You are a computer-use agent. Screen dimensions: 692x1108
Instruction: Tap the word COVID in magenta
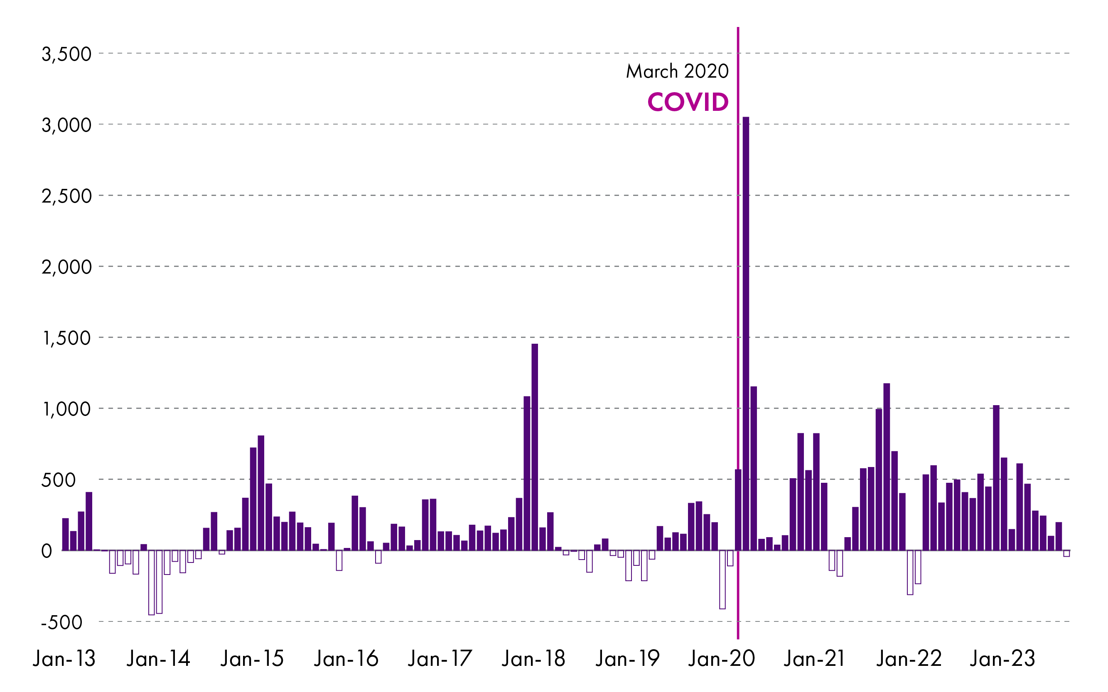(x=688, y=102)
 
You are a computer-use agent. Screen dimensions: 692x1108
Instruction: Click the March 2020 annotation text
(x=677, y=71)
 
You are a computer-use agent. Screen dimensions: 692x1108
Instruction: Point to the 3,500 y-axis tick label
(x=66, y=54)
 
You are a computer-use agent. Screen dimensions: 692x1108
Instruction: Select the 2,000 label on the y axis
(x=66, y=267)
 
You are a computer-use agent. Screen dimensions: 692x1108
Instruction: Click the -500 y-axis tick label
(x=62, y=622)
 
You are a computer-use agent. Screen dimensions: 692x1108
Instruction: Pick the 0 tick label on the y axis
(x=47, y=551)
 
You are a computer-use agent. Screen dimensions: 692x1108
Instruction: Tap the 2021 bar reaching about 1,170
(x=887, y=467)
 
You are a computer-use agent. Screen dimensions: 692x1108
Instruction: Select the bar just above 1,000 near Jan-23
(x=996, y=478)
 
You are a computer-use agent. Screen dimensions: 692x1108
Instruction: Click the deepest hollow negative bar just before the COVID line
(x=722, y=580)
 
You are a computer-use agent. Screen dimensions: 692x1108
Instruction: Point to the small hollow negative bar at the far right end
(x=1067, y=553)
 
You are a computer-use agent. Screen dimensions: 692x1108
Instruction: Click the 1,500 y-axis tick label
(x=66, y=338)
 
